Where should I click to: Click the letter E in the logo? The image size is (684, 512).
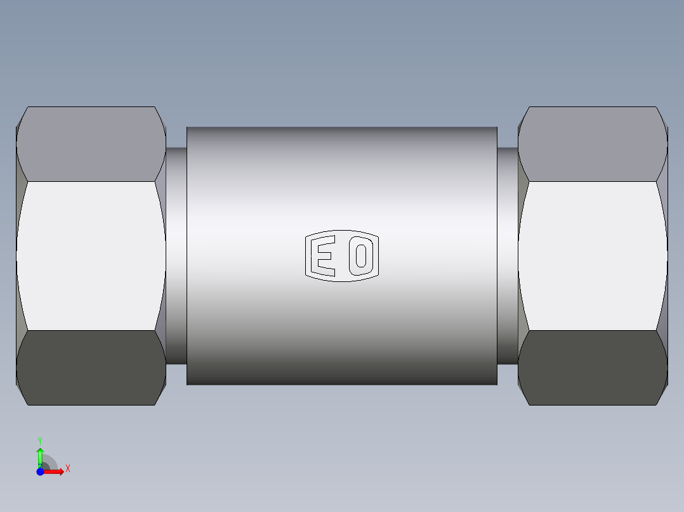point(326,256)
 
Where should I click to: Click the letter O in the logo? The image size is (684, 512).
point(361,255)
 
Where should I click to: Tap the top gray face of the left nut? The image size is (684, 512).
point(91,144)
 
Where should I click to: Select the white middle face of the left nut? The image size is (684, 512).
point(91,256)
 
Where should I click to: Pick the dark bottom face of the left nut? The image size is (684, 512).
point(91,368)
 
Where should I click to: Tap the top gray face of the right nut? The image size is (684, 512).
point(592,144)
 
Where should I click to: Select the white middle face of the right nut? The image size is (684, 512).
point(592,256)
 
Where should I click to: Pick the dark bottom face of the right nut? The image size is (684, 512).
point(592,368)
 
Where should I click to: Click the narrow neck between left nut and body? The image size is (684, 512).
point(176,256)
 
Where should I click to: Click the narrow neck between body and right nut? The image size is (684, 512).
point(507,256)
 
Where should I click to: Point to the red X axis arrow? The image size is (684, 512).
point(55,471)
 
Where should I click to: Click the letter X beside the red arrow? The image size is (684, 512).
point(67,469)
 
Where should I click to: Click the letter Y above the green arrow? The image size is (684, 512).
point(40,440)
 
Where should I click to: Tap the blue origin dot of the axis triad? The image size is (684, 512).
point(40,471)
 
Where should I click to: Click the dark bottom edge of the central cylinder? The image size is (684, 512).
point(341,382)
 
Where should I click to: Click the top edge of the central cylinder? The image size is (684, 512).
point(341,129)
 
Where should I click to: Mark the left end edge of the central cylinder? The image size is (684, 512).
point(187,256)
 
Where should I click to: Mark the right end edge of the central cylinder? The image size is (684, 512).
point(497,256)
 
